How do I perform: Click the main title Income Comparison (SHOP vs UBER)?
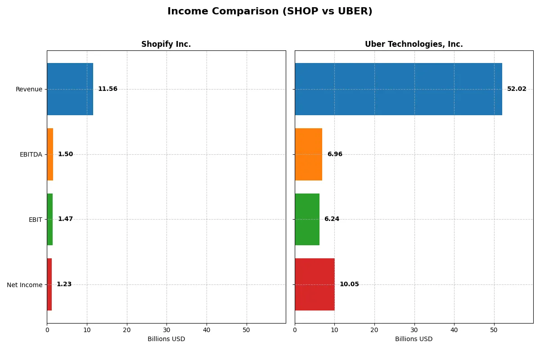(270, 12)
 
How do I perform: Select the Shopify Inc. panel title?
(166, 44)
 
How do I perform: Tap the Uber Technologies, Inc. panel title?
(414, 44)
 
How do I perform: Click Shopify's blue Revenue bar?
(70, 89)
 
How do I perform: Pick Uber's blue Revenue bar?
(398, 89)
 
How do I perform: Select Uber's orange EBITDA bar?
(308, 154)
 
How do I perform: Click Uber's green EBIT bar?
(307, 220)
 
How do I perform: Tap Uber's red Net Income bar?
(315, 284)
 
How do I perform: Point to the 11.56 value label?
(108, 89)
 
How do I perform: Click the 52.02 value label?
(517, 89)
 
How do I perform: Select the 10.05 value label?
(349, 284)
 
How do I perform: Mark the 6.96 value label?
(335, 154)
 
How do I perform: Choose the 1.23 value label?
(64, 284)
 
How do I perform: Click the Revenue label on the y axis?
(29, 89)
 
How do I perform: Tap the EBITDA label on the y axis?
(31, 154)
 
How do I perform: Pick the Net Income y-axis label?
(25, 285)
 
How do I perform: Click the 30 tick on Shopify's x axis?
(166, 330)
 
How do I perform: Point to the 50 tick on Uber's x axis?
(494, 330)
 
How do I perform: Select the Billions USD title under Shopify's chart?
(166, 339)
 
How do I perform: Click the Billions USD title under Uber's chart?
(414, 339)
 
